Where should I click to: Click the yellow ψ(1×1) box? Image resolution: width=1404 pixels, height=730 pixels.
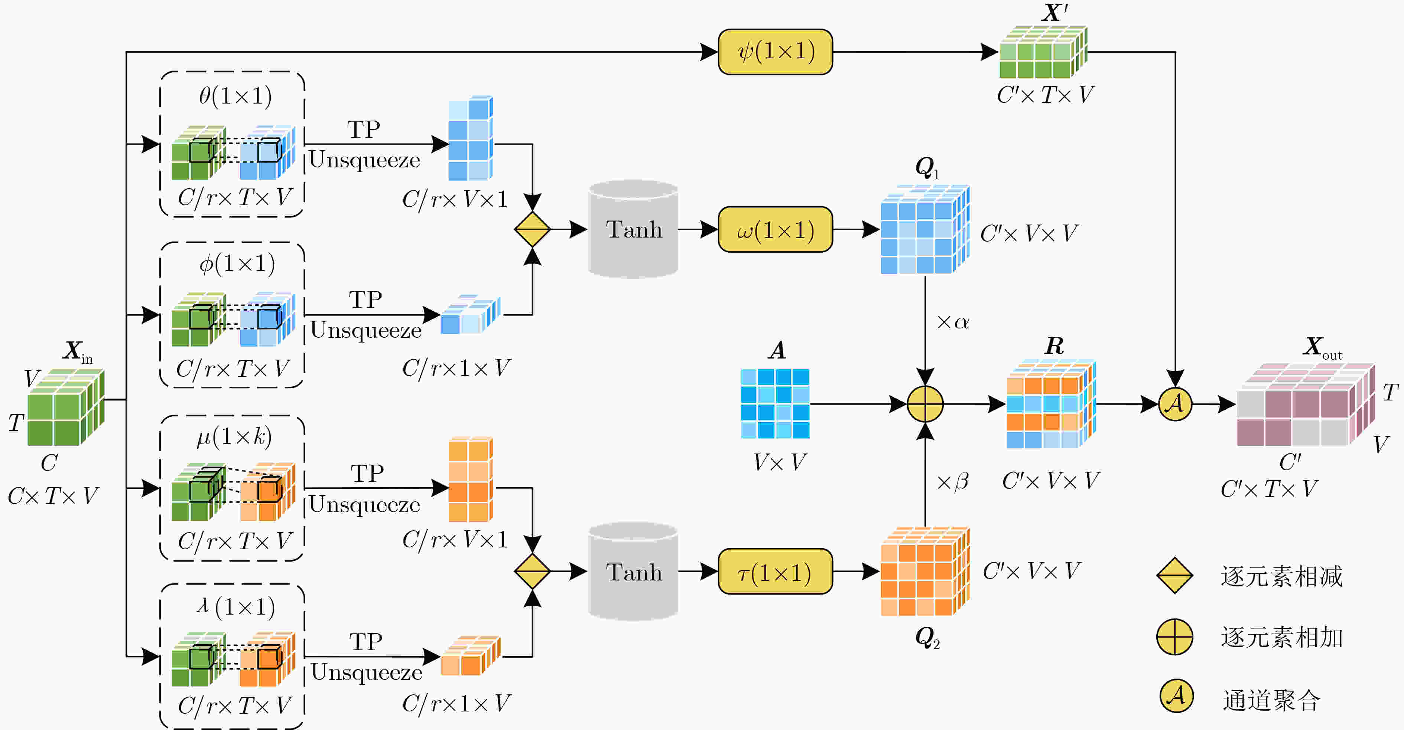pyautogui.click(x=775, y=52)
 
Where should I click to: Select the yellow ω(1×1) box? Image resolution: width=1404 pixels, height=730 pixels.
pyautogui.click(x=775, y=229)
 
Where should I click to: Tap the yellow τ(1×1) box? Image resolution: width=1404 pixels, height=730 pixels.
pyautogui.click(x=775, y=572)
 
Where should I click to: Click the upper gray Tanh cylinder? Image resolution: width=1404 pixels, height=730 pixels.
pyautogui.click(x=633, y=229)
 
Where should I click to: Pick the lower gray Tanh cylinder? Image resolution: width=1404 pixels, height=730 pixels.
pyautogui.click(x=633, y=572)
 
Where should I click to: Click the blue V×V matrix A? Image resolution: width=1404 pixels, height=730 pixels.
pyautogui.click(x=775, y=404)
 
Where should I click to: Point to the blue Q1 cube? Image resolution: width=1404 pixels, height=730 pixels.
pyautogui.click(x=925, y=229)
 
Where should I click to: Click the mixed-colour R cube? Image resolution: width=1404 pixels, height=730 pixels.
pyautogui.click(x=1051, y=404)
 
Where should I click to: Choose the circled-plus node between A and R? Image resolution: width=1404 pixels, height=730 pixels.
pyautogui.click(x=925, y=404)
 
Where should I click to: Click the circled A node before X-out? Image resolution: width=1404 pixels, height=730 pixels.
pyautogui.click(x=1175, y=404)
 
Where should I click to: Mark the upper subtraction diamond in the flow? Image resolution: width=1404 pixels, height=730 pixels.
pyautogui.click(x=532, y=229)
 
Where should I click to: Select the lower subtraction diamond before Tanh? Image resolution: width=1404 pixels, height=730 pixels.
pyautogui.click(x=532, y=572)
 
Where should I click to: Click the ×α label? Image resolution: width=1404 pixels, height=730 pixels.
pyautogui.click(x=953, y=322)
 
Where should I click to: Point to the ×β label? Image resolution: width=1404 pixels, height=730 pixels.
pyautogui.click(x=953, y=482)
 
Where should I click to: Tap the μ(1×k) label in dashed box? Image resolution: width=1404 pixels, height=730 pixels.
pyautogui.click(x=234, y=436)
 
